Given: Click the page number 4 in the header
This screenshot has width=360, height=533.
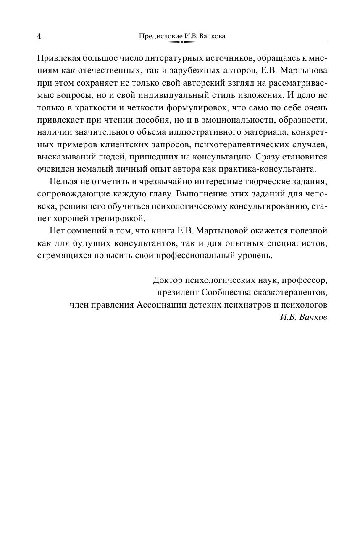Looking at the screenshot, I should click(39, 36).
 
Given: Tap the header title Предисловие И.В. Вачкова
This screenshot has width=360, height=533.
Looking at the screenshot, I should click(182, 36).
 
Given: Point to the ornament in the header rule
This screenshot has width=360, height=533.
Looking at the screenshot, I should click(182, 42).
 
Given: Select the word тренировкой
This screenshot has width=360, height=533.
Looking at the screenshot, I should click(120, 219).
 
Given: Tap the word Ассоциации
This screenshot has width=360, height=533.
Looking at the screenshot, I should click(161, 305).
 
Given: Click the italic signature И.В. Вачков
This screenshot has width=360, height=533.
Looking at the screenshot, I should click(303, 317).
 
